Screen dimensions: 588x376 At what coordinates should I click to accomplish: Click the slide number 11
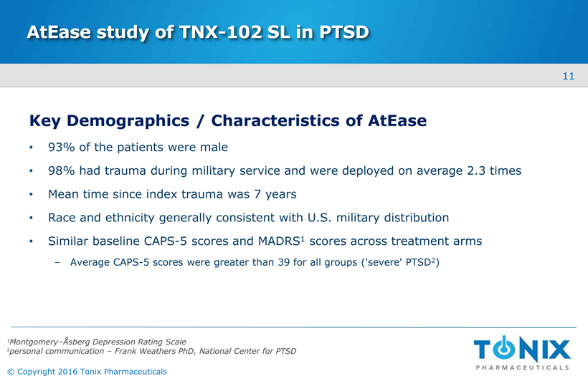569,76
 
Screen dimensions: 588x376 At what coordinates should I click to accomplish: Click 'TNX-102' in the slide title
220,32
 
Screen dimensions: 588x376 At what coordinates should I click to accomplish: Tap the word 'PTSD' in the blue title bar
344,32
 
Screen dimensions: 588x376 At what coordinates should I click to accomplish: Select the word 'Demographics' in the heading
128,121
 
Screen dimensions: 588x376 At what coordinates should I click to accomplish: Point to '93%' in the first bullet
62,148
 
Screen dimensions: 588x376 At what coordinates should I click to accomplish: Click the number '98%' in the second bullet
62,170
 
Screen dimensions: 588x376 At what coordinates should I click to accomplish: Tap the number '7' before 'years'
257,194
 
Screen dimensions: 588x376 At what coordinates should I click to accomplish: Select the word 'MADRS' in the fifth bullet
279,241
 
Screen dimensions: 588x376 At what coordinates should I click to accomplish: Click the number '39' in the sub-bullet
284,262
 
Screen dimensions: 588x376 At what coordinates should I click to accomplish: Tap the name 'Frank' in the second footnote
125,351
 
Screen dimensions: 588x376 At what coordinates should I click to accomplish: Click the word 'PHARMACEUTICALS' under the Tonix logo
522,367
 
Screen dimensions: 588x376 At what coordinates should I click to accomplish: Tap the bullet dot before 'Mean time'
31,194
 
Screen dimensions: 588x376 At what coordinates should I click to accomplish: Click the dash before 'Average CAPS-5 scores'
57,263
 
